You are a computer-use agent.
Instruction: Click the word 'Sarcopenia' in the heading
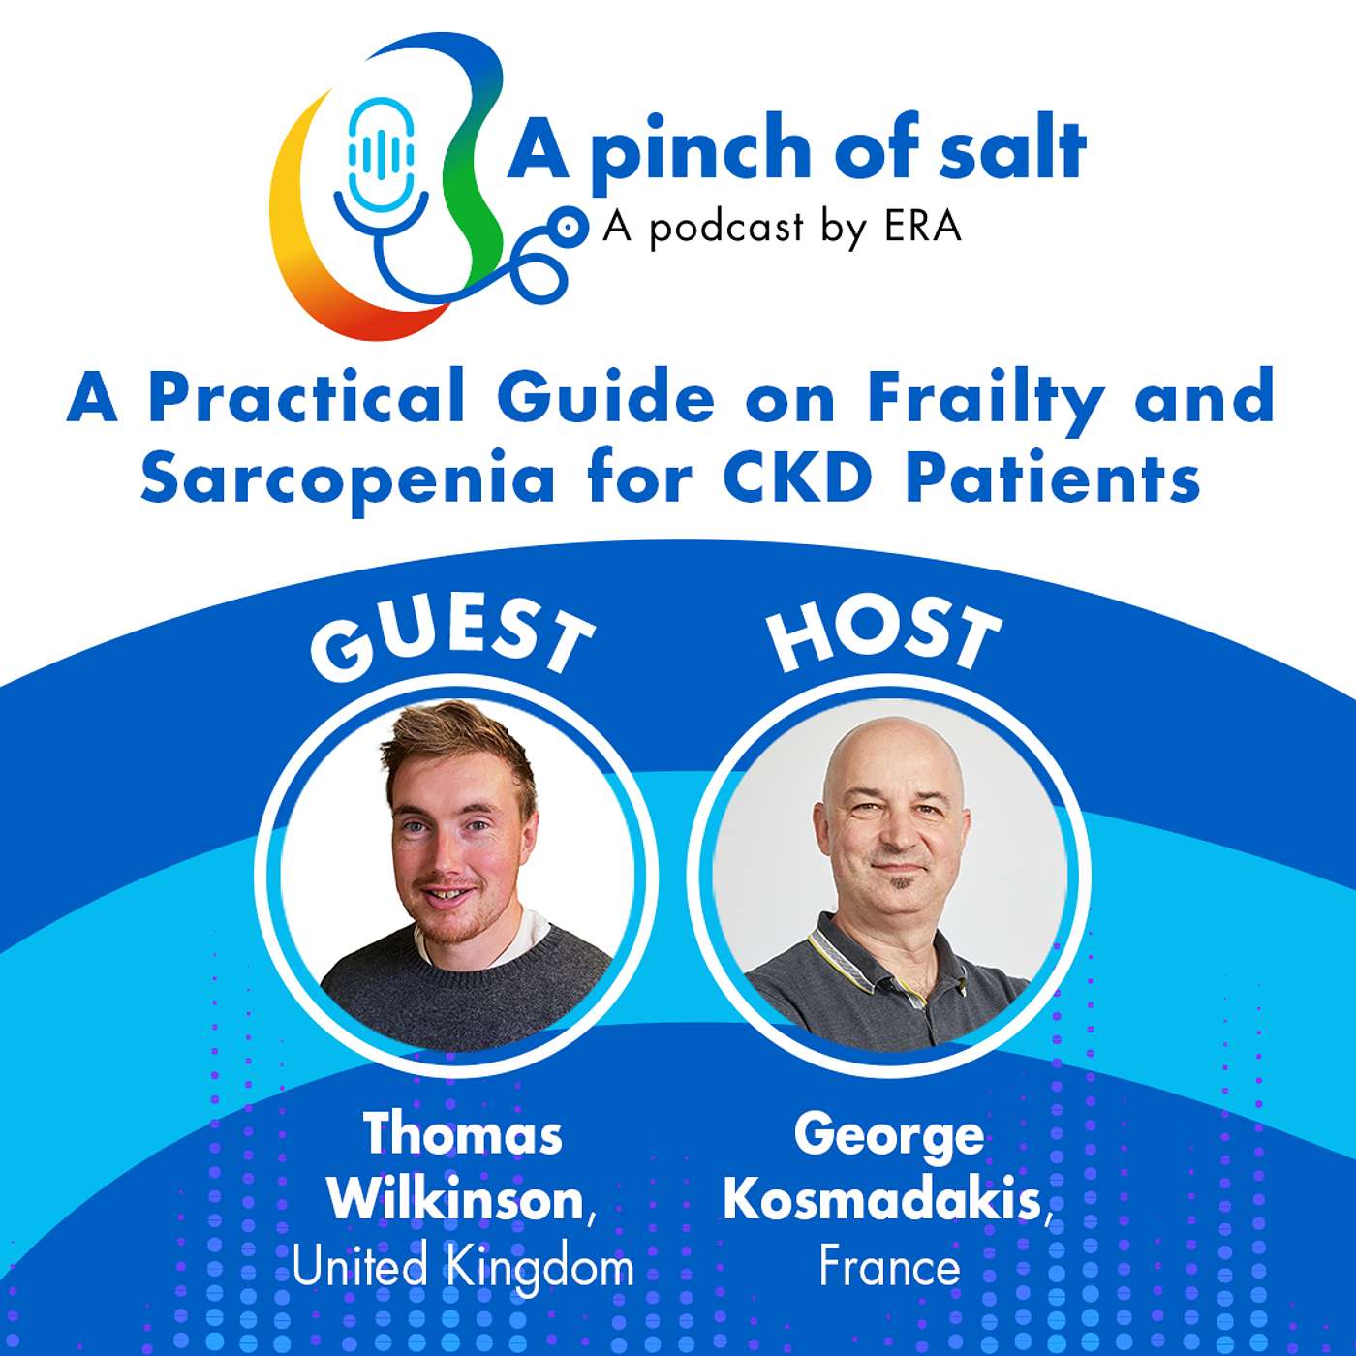349,477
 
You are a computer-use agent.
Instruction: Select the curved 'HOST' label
883,634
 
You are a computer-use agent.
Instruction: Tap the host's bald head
891,755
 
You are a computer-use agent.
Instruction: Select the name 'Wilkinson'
455,1201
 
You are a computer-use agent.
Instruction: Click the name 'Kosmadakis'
881,1201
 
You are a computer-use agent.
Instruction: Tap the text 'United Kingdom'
463,1267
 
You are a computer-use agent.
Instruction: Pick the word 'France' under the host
889,1267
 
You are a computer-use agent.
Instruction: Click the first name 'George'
889,1135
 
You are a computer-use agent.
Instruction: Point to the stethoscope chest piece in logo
571,227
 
